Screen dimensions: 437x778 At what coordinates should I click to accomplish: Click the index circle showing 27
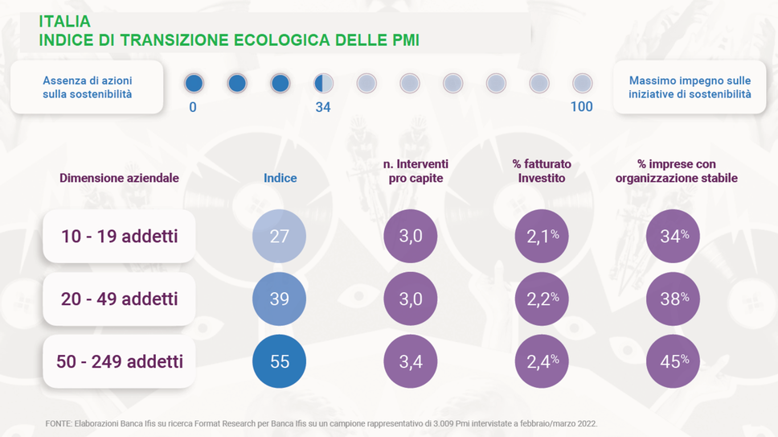(x=279, y=237)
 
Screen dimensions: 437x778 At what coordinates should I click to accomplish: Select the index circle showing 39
(x=279, y=299)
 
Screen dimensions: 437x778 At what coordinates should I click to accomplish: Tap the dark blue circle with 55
(x=279, y=361)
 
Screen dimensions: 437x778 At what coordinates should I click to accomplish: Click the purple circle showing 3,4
(x=411, y=361)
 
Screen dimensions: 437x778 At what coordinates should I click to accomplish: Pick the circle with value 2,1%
(x=542, y=237)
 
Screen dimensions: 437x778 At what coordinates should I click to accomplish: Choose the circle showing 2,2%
(x=542, y=299)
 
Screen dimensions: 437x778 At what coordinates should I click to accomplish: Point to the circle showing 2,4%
(x=542, y=361)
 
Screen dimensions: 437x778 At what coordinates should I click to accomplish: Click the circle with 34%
(x=674, y=237)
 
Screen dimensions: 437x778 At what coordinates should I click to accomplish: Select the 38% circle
(x=674, y=299)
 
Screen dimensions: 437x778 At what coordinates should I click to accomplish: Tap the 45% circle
(x=674, y=361)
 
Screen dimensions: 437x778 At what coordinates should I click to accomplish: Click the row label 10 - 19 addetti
(x=119, y=237)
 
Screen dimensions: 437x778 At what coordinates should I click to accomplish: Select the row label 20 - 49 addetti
(x=119, y=299)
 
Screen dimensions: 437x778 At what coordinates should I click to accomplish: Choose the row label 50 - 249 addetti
(x=119, y=361)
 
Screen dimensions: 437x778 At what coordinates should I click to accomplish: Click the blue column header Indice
(x=280, y=178)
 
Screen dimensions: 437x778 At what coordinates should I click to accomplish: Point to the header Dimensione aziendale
(x=119, y=178)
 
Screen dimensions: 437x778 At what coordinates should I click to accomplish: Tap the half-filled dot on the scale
(x=323, y=83)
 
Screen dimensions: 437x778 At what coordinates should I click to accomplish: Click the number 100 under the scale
(x=581, y=107)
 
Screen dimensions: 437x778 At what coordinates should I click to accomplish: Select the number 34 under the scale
(x=323, y=107)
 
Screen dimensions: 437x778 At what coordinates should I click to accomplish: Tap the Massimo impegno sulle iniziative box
(x=690, y=88)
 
